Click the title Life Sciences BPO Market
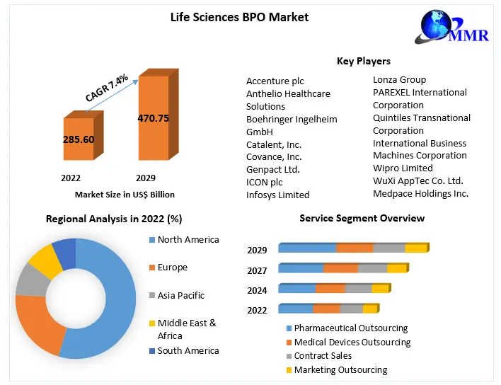239,16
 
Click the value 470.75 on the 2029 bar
153,118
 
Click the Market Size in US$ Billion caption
125,194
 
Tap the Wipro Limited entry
403,168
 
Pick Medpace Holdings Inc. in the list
420,193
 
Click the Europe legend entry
173,268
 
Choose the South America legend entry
188,351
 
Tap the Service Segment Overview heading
362,219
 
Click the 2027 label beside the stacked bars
257,270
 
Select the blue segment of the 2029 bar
307,248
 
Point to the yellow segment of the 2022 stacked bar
370,309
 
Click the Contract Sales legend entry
323,356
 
